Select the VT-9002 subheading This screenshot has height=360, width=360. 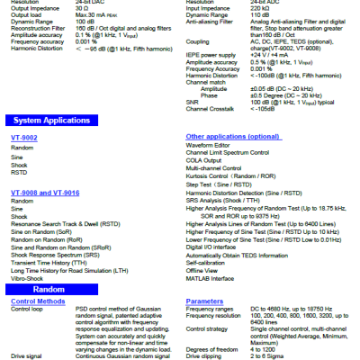pyautogui.click(x=25, y=136)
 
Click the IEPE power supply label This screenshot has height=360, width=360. pyautogui.click(x=211, y=53)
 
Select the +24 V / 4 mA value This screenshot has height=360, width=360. pyautogui.click(x=270, y=53)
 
